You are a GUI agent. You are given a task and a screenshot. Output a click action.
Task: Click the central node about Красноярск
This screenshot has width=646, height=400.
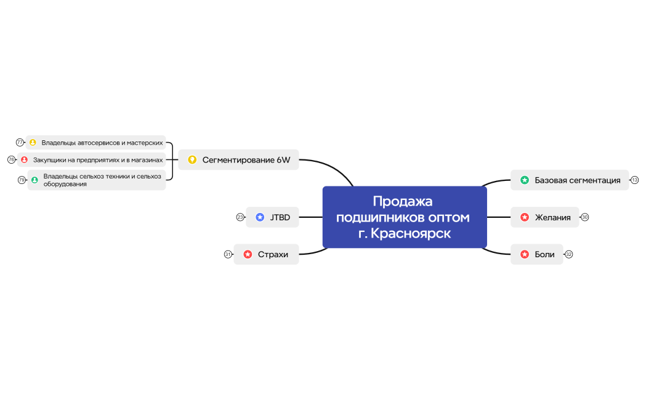coord(405,217)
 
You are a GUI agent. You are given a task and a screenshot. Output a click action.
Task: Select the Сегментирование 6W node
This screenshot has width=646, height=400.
coord(246,160)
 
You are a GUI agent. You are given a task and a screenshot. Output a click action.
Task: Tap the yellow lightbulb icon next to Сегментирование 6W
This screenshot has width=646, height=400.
coord(192,160)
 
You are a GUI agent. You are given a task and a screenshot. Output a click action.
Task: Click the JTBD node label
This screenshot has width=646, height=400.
coord(280,217)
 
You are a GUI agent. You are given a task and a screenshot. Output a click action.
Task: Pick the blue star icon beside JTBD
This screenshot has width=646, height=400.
coord(260,217)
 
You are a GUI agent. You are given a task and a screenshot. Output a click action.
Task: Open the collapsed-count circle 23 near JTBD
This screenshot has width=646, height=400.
coord(240,217)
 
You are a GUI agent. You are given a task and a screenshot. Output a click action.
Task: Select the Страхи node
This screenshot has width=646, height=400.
coord(273,254)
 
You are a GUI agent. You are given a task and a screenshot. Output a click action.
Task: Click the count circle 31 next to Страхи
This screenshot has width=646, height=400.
coord(228,254)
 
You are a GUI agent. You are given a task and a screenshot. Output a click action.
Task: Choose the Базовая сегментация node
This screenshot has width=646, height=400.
coord(577,180)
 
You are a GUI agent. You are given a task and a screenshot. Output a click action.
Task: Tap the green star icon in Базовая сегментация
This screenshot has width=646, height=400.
coord(525,180)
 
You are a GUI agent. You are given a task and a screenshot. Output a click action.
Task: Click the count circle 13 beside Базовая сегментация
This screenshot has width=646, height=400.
coord(635,180)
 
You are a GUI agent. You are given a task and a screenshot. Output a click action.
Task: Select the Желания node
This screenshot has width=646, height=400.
coord(552,217)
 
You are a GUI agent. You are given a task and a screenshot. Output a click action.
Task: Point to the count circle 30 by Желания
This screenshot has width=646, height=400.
coord(585,217)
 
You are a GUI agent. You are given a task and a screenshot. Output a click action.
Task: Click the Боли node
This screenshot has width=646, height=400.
coord(544,254)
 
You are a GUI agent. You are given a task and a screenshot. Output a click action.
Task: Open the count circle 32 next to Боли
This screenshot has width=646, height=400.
coord(569,254)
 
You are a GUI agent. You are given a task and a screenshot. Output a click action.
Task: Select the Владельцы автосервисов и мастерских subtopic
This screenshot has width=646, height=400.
coord(102,143)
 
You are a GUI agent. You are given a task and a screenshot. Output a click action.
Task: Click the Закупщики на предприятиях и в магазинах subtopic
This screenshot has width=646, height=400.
coord(98,160)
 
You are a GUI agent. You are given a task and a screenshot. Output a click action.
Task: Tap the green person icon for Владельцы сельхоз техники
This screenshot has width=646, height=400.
coord(34,180)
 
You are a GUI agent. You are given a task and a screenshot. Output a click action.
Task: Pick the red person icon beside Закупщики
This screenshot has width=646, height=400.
coord(25,160)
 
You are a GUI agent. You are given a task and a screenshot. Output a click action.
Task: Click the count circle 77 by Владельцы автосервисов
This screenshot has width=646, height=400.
coord(20,143)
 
